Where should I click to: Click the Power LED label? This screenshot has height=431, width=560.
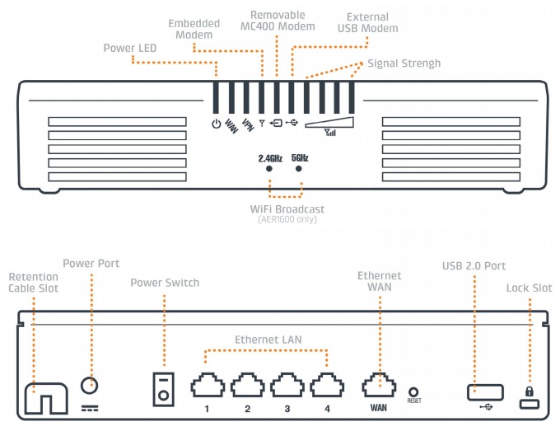click(x=131, y=48)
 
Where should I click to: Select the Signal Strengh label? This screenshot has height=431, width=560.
click(x=404, y=63)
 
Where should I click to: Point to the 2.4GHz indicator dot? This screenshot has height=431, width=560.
click(x=269, y=168)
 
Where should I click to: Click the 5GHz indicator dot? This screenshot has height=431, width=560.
click(x=299, y=168)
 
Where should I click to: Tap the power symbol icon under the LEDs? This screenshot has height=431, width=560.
click(x=216, y=124)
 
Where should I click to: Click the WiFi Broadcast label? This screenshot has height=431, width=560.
click(x=287, y=209)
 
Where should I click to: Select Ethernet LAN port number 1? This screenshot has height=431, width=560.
click(x=207, y=385)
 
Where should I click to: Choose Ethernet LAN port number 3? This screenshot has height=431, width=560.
click(x=286, y=385)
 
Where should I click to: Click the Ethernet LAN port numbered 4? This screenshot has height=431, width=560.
click(x=326, y=385)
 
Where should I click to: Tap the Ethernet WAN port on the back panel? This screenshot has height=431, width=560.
click(x=379, y=385)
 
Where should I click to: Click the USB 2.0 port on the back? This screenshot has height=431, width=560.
click(x=483, y=393)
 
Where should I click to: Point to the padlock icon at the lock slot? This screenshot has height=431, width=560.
click(x=529, y=391)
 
